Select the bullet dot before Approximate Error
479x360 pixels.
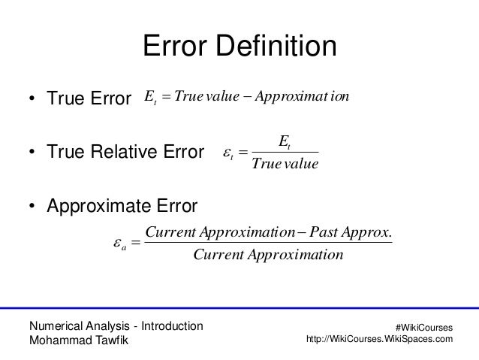pyautogui.click(x=32, y=206)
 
